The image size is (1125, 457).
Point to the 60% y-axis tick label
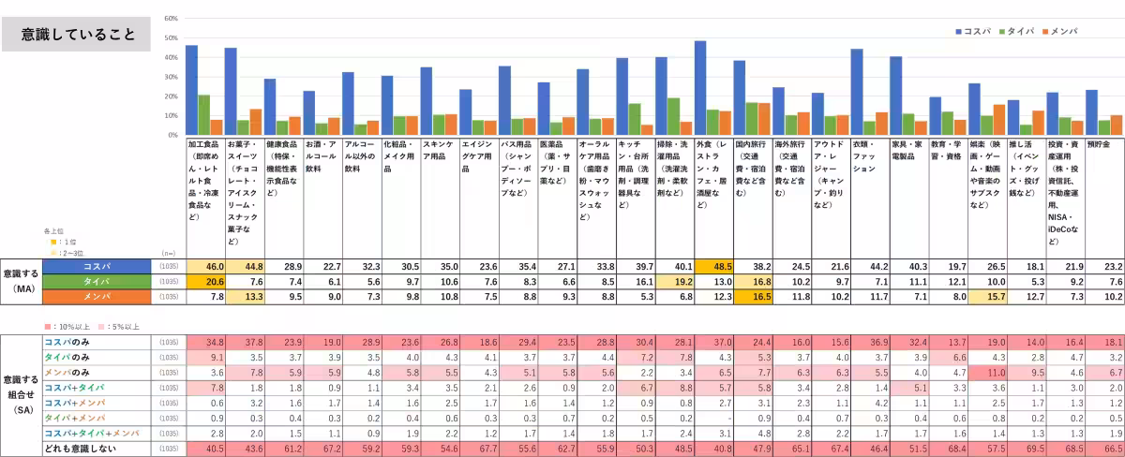171,19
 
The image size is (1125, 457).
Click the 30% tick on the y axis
171,77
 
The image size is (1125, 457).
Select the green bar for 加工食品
204,114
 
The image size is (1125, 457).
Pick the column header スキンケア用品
439,145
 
